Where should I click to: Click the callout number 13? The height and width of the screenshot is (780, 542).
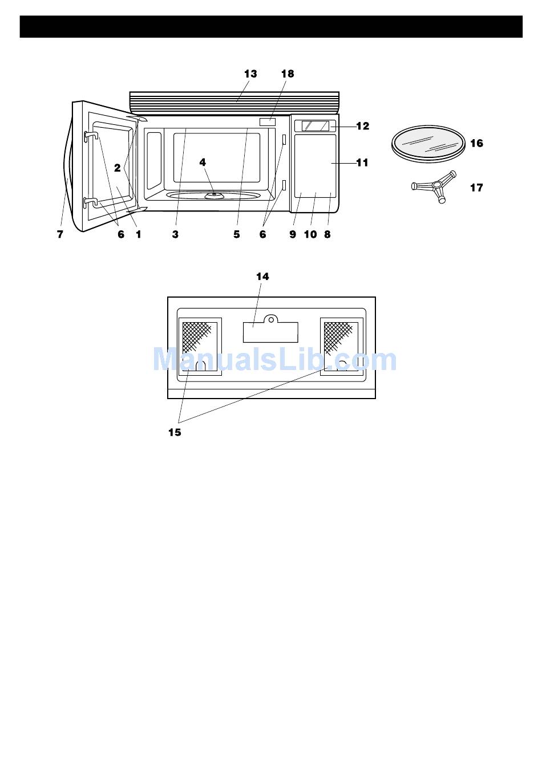click(250, 74)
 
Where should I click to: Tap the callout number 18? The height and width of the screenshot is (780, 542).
click(288, 74)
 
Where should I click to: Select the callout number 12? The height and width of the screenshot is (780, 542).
click(363, 126)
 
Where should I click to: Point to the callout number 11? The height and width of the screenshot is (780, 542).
click(362, 162)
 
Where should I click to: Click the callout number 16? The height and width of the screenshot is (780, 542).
click(476, 143)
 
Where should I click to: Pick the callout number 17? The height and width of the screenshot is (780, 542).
click(476, 188)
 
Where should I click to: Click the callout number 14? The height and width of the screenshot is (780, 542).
click(262, 277)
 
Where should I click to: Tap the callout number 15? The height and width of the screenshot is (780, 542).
click(175, 432)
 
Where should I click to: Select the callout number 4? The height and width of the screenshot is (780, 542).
click(203, 162)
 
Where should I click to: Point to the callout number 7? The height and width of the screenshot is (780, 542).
click(60, 234)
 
